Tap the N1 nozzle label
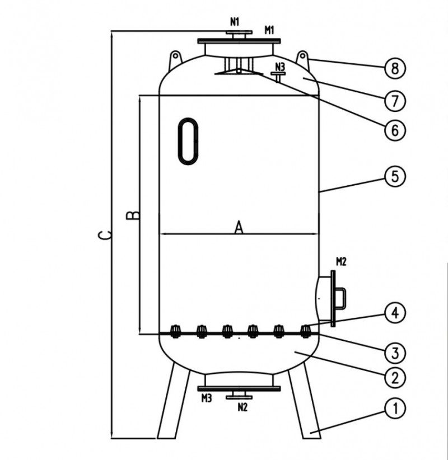click(x=235, y=22)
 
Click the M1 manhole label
click(x=269, y=30)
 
